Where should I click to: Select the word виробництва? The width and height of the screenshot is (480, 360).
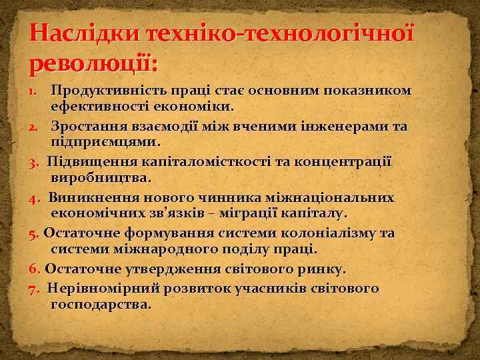click(101, 178)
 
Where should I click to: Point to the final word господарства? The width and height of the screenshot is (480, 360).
click(101, 305)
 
